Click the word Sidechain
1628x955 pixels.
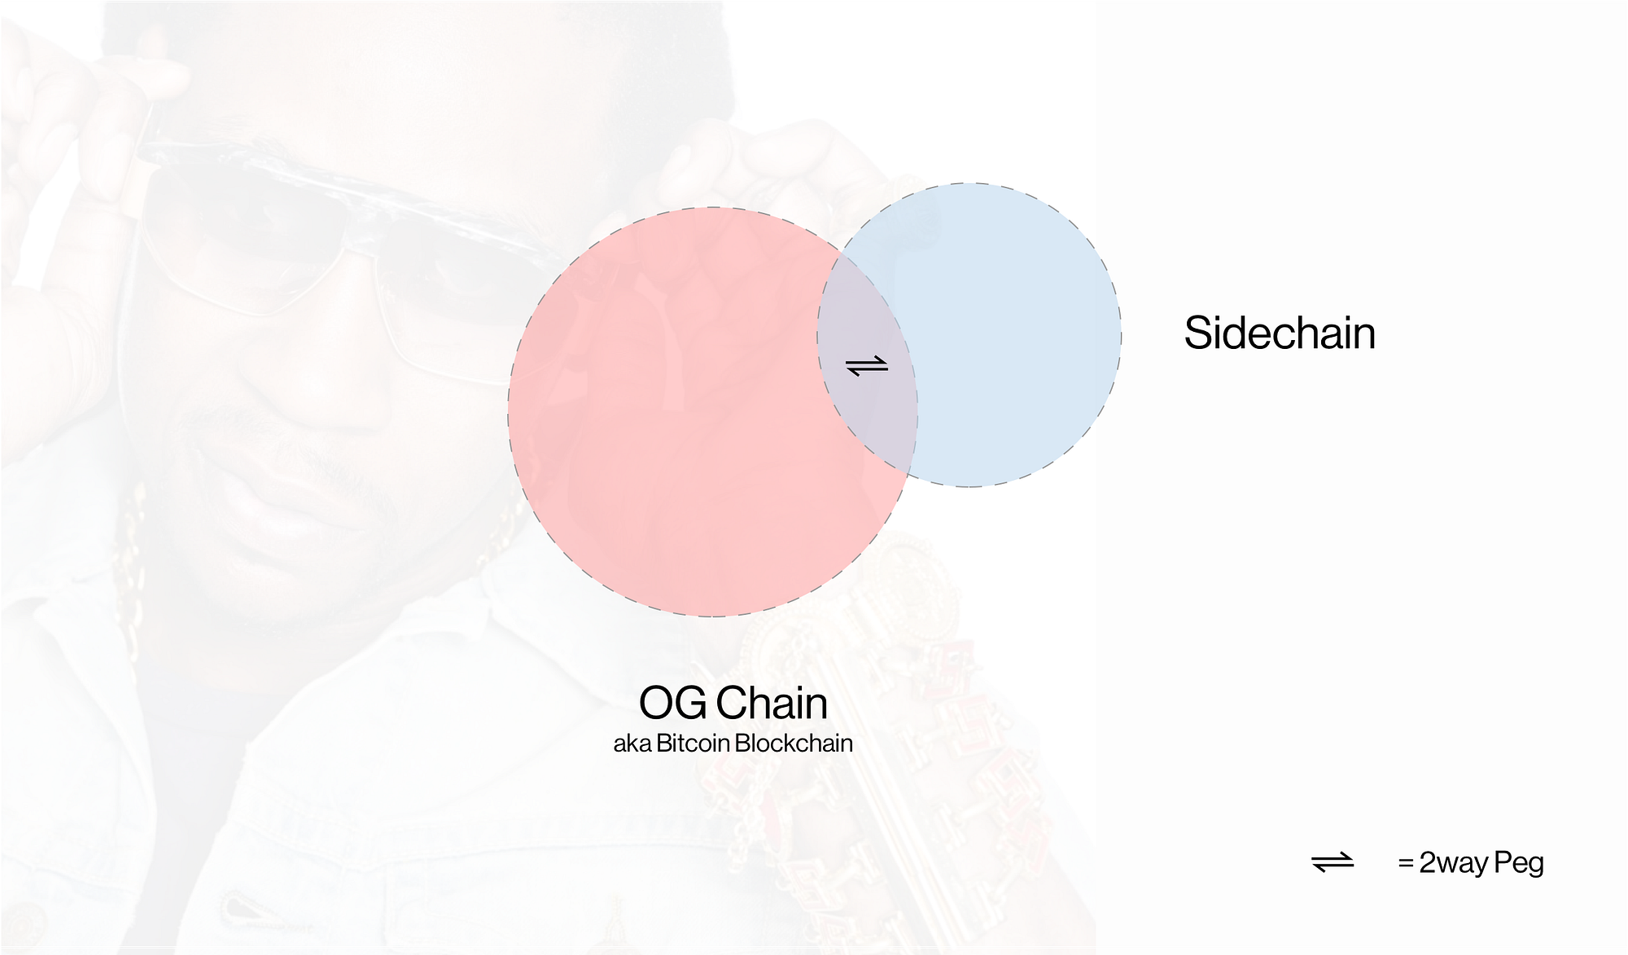click(1280, 333)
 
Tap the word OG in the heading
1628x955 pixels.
click(672, 703)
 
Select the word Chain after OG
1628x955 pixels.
click(772, 703)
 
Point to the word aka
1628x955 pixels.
click(632, 744)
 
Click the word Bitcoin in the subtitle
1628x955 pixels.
click(693, 744)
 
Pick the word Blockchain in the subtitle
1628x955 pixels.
click(794, 744)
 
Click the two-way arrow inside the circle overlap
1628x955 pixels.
click(867, 367)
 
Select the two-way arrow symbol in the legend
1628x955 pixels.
click(1333, 862)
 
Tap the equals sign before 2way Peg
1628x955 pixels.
click(1406, 863)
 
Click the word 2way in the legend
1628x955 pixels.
click(1454, 863)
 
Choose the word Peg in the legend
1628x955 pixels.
click(1519, 863)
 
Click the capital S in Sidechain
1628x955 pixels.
click(1198, 334)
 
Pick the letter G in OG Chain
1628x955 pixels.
click(691, 703)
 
